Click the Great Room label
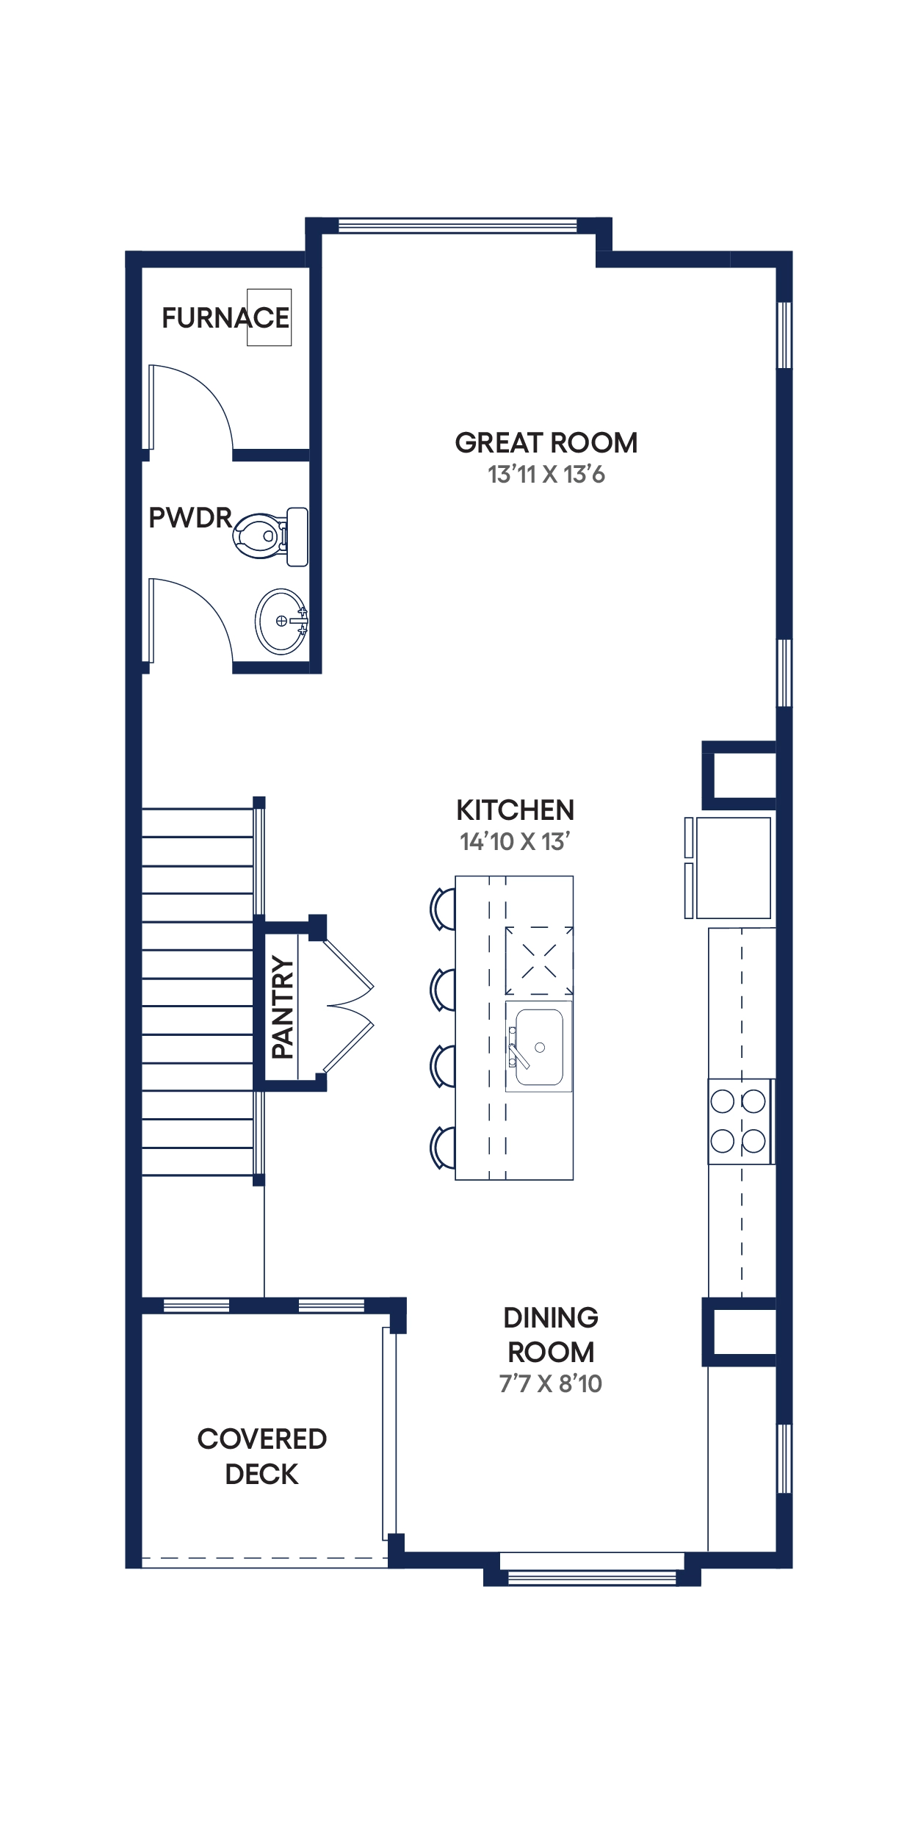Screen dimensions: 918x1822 [x=546, y=443]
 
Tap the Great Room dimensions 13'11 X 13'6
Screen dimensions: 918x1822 [x=546, y=475]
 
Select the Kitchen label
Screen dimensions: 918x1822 [x=516, y=810]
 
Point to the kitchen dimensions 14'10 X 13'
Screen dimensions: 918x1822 [x=516, y=842]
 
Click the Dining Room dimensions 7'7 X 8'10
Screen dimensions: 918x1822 [x=551, y=1383]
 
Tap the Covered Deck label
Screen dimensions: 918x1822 [x=262, y=1456]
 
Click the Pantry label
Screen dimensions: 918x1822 [x=283, y=1007]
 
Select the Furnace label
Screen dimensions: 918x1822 [x=225, y=318]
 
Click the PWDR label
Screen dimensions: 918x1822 [x=190, y=518]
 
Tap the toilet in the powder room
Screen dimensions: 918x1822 [x=270, y=536]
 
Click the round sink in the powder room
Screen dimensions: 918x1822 [x=281, y=622]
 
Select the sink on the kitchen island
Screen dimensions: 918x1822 [x=538, y=1046]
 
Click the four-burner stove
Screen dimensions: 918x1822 [x=741, y=1121]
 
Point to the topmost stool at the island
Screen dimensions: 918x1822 [x=442, y=909]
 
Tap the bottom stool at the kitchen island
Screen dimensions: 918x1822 [x=442, y=1147]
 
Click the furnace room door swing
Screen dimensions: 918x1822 [x=191, y=407]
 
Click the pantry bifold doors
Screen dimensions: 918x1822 [x=349, y=1007]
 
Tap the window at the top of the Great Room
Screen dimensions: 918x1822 [x=458, y=226]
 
